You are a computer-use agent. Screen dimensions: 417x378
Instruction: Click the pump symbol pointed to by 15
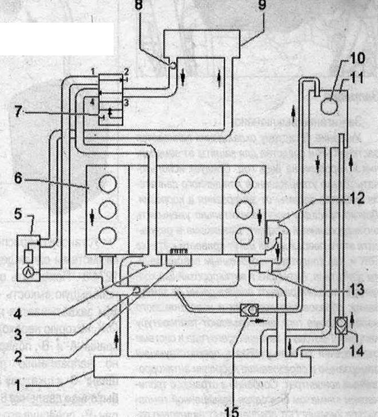[x=247, y=309]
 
